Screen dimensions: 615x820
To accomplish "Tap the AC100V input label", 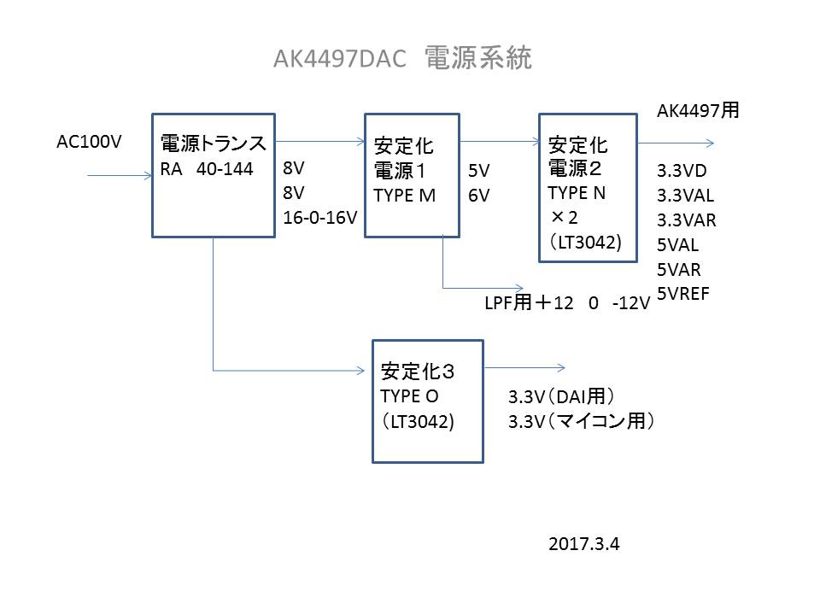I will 89,142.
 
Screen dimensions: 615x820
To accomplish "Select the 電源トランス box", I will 213,175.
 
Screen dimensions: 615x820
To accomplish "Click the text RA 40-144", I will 207,169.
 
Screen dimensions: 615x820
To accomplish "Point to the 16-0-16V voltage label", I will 319,219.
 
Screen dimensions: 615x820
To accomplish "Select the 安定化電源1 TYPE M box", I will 411,175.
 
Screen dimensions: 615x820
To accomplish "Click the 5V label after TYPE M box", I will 478,170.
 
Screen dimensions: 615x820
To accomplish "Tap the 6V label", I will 478,195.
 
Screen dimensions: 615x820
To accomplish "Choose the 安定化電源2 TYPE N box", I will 588,187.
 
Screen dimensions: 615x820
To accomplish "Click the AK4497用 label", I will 697,110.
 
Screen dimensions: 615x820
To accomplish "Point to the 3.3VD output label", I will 682,170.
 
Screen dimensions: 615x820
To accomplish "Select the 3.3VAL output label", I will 686,195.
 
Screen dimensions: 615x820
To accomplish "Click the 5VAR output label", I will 679,269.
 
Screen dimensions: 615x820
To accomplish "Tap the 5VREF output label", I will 683,294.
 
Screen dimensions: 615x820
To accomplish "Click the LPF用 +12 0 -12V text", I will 566,302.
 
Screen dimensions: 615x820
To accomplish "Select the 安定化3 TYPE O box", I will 427,401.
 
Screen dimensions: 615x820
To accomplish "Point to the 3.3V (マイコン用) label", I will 581,421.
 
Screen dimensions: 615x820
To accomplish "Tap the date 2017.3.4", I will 585,543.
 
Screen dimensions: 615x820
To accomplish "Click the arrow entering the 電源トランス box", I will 120,176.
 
